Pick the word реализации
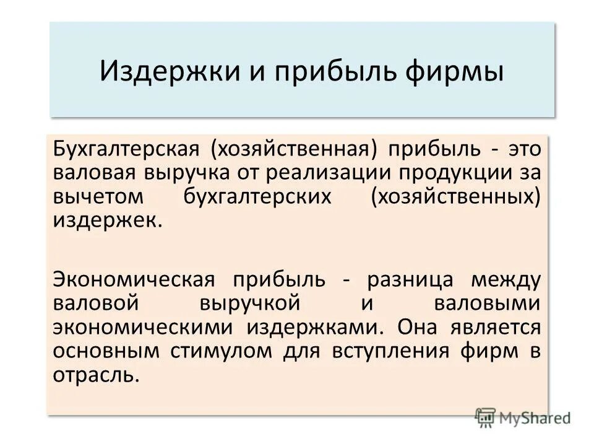(x=332, y=175)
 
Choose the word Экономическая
(x=134, y=279)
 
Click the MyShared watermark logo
(x=523, y=418)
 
